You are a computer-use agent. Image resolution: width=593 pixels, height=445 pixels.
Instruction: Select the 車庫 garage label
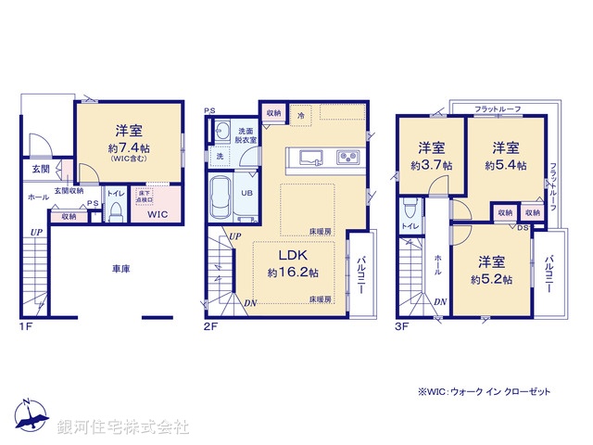pos(121,269)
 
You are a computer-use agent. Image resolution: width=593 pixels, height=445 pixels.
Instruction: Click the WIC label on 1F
pos(158,215)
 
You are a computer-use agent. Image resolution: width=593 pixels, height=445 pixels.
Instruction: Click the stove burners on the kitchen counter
pos(348,157)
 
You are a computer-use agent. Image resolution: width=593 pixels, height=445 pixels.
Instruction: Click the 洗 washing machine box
pos(220,157)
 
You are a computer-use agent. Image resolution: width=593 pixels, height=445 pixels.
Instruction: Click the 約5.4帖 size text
pos(506,165)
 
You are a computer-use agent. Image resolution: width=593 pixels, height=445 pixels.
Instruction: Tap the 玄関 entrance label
pos(41,170)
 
